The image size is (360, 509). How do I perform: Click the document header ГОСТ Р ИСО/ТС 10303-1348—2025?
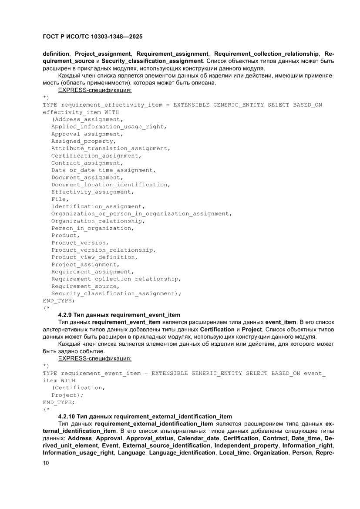click(x=93, y=37)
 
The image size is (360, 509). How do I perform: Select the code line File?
click(x=60, y=199)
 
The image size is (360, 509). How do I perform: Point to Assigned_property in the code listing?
click(x=83, y=141)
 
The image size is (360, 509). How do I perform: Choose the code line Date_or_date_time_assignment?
click(x=103, y=170)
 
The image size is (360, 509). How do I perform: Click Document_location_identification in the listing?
click(x=110, y=185)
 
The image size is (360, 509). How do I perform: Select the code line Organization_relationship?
click(x=98, y=221)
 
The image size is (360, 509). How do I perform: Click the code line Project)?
click(x=67, y=395)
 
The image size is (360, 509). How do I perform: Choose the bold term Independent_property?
click(x=246, y=446)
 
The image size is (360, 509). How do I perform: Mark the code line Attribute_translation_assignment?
click(x=111, y=148)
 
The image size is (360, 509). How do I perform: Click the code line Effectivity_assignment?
click(x=92, y=192)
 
